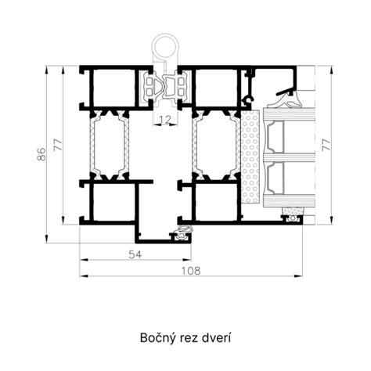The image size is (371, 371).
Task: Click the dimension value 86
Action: (x=41, y=154)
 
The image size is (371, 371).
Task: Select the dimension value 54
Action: (x=135, y=254)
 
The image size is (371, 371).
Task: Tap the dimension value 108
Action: (x=191, y=271)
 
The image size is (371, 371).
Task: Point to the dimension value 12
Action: (x=165, y=120)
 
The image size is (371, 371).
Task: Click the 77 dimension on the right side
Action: (x=326, y=145)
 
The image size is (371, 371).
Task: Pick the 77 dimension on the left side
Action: (x=58, y=145)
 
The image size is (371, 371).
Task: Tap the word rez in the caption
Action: (x=188, y=339)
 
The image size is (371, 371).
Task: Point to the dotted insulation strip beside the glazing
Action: (x=250, y=157)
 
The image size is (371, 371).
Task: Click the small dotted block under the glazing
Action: (x=294, y=211)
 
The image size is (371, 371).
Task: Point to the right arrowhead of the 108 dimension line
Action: (x=298, y=276)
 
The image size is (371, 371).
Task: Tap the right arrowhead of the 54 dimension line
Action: (x=187, y=260)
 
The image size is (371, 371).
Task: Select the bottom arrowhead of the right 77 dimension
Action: (x=331, y=220)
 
